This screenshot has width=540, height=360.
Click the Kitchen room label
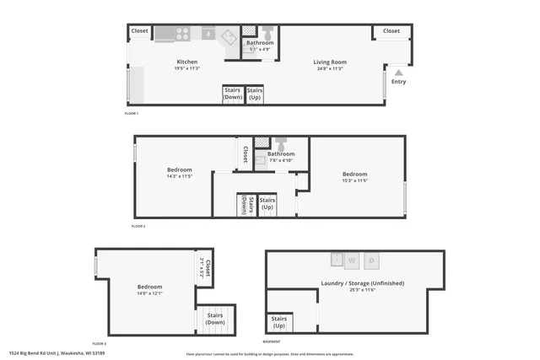click(x=187, y=62)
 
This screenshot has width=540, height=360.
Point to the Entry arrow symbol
click(x=398, y=73)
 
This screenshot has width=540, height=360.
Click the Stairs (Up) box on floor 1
click(x=255, y=94)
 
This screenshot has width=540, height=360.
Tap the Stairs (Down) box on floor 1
click(x=233, y=94)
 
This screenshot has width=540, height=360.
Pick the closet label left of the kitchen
click(x=139, y=31)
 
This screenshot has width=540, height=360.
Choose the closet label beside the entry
click(x=391, y=31)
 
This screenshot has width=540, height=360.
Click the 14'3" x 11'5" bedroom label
click(x=180, y=173)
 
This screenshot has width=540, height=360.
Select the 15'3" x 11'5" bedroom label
click(x=355, y=177)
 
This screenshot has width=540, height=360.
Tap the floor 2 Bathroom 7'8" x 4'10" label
click(x=281, y=157)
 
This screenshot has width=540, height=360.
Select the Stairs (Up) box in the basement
click(x=279, y=322)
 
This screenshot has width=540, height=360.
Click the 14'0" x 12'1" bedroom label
click(x=149, y=289)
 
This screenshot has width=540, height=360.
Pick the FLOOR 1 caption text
click(x=131, y=113)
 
